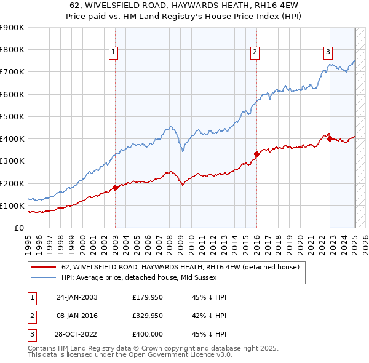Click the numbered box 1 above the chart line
[114, 53]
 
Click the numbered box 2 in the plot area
[255, 53]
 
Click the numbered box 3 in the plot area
[328, 53]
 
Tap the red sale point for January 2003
[115, 188]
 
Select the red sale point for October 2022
[330, 138]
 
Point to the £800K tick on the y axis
[13, 50]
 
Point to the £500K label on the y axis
[13, 116]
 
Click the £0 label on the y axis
[19, 228]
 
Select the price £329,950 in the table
[148, 316]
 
